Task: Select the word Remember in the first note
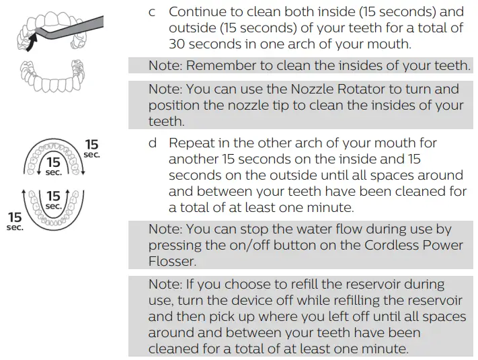click(x=219, y=65)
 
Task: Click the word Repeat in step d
click(x=191, y=143)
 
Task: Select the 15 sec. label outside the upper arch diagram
click(x=91, y=148)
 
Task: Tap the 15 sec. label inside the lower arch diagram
click(x=53, y=200)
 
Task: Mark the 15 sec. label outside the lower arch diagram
click(x=15, y=221)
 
